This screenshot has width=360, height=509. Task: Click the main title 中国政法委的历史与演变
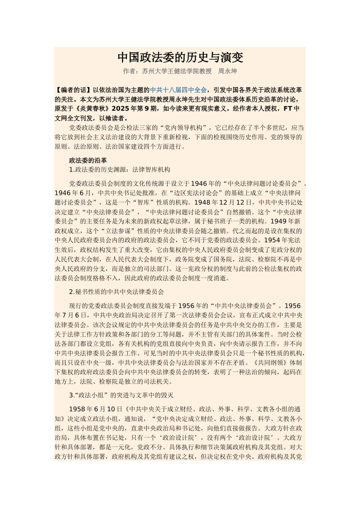[180, 58]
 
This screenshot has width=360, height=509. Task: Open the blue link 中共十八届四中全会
[178, 90]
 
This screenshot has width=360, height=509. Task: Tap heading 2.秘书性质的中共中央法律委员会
[116, 292]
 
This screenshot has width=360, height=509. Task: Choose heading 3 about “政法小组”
[121, 395]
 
